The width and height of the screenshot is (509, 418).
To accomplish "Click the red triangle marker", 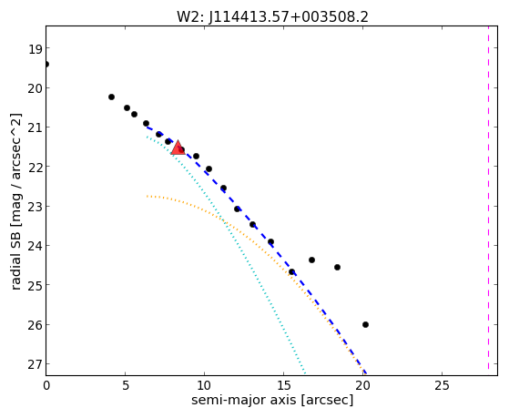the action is point(178,148).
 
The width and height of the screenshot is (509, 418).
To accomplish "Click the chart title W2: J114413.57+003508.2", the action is point(272,16).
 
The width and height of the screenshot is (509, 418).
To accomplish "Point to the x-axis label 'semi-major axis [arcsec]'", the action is point(272,400).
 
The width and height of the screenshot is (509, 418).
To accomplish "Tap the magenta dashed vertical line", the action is point(488,200).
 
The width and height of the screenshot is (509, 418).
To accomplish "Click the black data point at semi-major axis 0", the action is point(46,65).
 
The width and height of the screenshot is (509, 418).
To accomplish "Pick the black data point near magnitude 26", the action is point(365,324).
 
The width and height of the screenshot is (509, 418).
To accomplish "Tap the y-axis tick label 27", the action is point(35,365).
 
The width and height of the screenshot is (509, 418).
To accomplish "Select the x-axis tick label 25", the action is point(442,386).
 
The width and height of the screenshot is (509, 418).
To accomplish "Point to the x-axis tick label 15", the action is point(283,386).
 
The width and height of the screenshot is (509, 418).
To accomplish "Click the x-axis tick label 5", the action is point(126,386).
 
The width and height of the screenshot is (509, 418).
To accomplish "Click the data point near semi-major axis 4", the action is point(111,97).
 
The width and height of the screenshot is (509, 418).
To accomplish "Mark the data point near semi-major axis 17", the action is point(312,260).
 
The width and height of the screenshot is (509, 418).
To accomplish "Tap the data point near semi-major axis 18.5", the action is point(337,268).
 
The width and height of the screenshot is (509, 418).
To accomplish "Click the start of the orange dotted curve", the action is point(147,196).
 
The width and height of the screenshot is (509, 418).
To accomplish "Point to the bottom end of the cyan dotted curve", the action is point(305,373).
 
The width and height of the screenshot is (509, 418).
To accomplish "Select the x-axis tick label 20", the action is point(362,386).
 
